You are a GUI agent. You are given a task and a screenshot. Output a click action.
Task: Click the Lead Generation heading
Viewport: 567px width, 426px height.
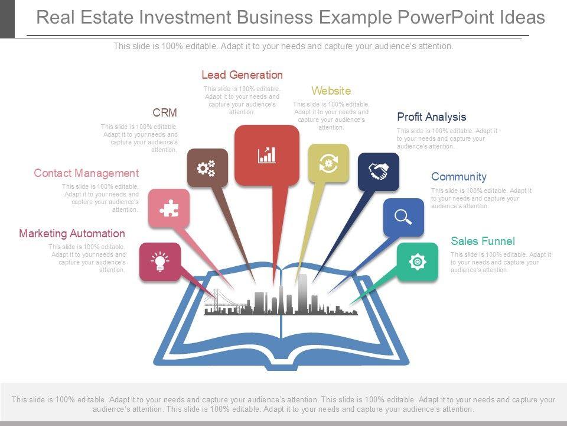point(242,75)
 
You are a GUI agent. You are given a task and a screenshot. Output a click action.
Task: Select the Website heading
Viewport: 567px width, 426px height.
point(331,91)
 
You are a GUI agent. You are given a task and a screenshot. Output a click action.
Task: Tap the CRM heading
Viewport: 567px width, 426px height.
point(165,113)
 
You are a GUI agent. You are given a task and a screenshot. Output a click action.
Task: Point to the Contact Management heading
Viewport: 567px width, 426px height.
point(86,173)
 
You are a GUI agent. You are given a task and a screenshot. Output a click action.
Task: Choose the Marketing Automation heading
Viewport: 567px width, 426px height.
point(72,234)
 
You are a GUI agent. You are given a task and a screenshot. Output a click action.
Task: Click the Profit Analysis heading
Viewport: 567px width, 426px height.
point(431,117)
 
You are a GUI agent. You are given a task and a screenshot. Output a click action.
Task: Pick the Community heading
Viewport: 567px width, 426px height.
point(458,177)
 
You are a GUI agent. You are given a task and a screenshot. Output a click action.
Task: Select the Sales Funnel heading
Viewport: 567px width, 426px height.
point(483,241)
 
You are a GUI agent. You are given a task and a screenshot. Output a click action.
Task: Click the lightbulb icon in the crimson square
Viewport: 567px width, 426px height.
point(159,262)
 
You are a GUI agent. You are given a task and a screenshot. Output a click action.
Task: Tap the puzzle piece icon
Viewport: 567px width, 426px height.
point(169,208)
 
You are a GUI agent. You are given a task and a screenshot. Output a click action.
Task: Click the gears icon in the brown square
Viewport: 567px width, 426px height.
point(207,168)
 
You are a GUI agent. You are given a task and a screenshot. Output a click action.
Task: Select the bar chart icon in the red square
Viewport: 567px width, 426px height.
point(267,155)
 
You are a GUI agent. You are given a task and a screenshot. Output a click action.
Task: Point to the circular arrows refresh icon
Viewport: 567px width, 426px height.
point(328,163)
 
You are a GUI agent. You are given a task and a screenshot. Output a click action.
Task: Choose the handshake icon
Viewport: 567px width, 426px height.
point(378,172)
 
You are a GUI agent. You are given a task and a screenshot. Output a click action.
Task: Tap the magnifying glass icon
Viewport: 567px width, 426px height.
point(403,217)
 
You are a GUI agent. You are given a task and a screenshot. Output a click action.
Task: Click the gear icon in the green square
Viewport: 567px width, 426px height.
point(417,262)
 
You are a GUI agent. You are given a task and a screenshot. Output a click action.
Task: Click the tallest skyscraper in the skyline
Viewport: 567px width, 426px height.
point(302,292)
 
